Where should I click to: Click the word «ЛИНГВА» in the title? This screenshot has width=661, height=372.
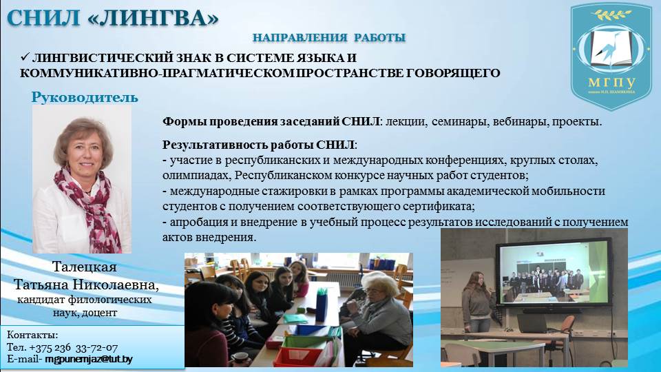coord(154,18)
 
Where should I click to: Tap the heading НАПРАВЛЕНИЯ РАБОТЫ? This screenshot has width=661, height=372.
coord(329,37)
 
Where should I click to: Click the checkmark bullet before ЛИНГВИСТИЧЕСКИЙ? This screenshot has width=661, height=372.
coord(25,57)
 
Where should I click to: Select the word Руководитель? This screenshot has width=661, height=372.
coord(85,97)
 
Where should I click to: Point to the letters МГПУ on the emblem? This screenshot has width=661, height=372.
coord(612,82)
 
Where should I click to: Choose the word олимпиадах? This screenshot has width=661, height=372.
coord(196,175)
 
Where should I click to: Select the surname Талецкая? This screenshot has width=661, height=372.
coord(85,267)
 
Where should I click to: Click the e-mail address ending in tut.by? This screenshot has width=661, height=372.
coord(89,360)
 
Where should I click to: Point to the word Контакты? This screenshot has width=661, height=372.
coord(32,335)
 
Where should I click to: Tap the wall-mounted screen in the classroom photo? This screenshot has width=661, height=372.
coord(554,274)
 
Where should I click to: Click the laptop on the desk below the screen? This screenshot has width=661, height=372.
coord(532,324)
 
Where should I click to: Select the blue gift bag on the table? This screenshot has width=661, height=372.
coord(322,304)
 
